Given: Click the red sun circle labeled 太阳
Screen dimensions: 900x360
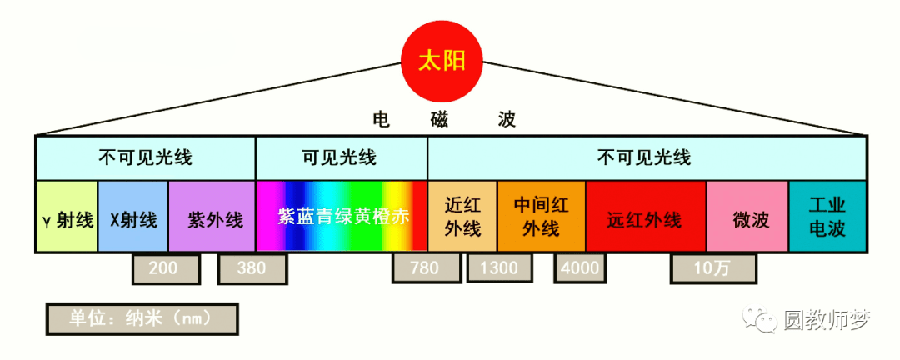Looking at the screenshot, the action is [x=442, y=61].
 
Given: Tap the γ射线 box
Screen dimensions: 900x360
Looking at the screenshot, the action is [x=67, y=217].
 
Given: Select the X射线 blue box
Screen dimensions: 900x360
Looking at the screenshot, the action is [x=133, y=217].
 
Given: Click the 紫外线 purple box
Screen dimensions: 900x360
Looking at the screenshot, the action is [x=212, y=217].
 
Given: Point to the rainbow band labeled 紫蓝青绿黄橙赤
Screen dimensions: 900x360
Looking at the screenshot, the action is [x=342, y=217].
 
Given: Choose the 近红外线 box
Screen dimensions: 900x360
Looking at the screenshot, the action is [x=462, y=217].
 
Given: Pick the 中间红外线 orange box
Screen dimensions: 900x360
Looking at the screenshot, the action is [x=542, y=217].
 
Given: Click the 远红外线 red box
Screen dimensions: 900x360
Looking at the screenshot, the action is [x=646, y=217].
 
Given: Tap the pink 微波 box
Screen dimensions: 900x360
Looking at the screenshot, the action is [x=747, y=217].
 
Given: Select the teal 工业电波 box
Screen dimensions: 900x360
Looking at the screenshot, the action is [x=827, y=217].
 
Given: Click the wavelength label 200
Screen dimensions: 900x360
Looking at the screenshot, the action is [x=167, y=268].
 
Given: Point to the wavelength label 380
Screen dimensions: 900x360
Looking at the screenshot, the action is [x=252, y=268].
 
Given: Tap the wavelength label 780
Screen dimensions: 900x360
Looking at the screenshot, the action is [x=427, y=268].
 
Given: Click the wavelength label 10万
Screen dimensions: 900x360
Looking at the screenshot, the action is [x=712, y=268].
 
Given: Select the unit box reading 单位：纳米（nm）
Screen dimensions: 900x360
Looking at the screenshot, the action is [x=142, y=318].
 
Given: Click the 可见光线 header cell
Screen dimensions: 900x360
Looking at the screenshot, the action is [x=341, y=157].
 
